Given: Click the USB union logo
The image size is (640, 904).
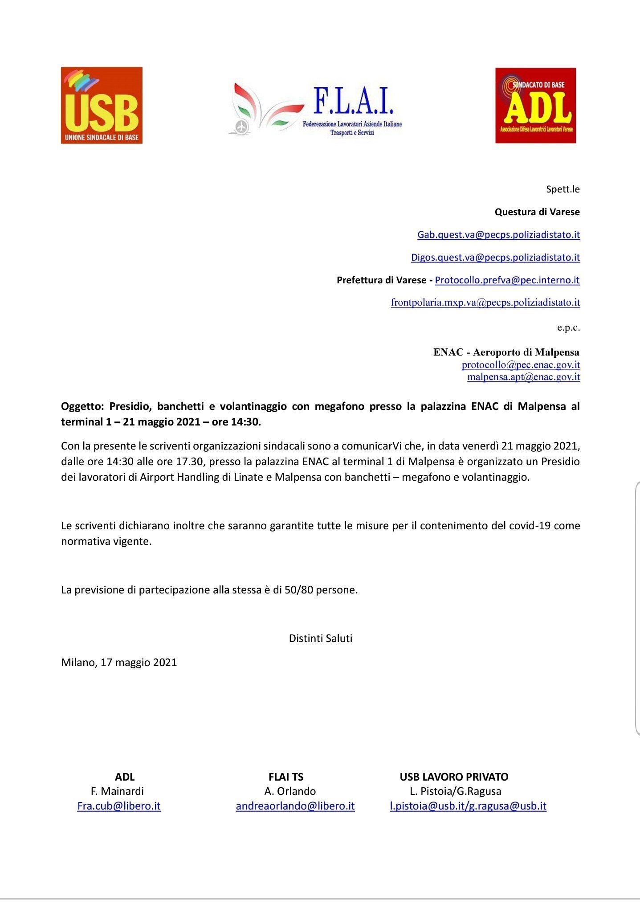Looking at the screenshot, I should click(x=102, y=105).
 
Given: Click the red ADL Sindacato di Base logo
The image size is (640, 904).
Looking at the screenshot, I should click(x=535, y=105).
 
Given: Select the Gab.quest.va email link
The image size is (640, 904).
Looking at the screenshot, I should click(x=498, y=234).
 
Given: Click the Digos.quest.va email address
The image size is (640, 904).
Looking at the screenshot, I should click(x=495, y=257).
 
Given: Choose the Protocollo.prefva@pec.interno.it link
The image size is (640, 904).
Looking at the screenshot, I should click(x=507, y=280).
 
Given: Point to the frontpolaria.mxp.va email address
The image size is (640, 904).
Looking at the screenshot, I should click(x=485, y=302).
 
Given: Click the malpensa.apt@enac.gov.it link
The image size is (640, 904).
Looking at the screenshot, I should click(x=523, y=377).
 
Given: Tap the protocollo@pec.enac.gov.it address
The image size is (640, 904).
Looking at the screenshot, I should click(x=521, y=365).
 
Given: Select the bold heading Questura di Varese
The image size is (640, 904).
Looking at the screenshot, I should click(x=537, y=212).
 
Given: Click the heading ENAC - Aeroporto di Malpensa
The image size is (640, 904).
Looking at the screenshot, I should click(x=506, y=352).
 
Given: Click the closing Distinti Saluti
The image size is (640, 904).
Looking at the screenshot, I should click(x=320, y=638).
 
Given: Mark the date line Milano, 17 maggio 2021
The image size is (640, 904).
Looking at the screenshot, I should click(x=119, y=662).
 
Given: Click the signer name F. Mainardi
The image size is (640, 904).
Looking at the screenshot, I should click(x=117, y=791).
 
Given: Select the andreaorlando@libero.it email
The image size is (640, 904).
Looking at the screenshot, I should click(x=295, y=806).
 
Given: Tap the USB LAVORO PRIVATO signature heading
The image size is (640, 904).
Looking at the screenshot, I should click(x=454, y=777).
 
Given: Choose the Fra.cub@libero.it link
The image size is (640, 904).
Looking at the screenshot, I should click(x=119, y=806).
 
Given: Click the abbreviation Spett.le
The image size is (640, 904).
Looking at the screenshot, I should click(x=563, y=189).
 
